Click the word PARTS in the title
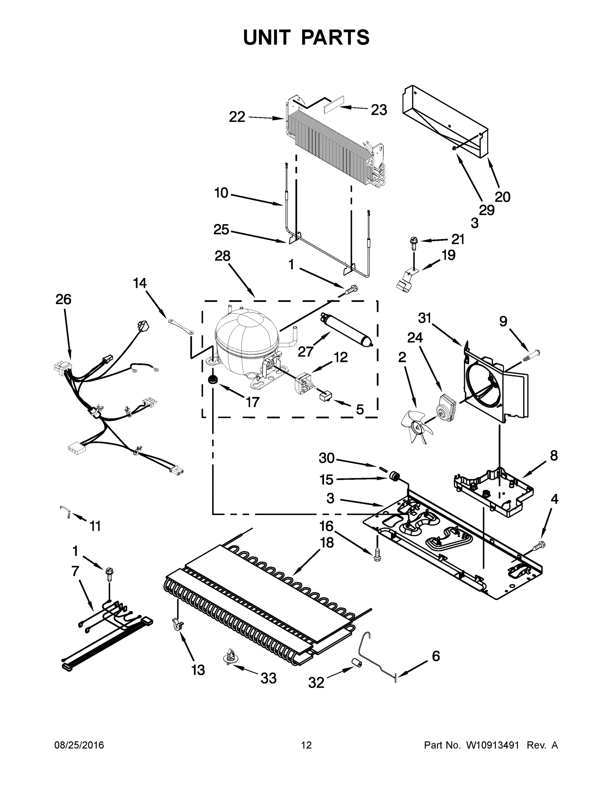[x=336, y=37]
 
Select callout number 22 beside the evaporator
[x=237, y=117]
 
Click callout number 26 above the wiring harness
[x=63, y=299]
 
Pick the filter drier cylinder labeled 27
[x=345, y=332]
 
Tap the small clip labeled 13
[x=177, y=623]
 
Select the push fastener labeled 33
[x=228, y=656]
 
